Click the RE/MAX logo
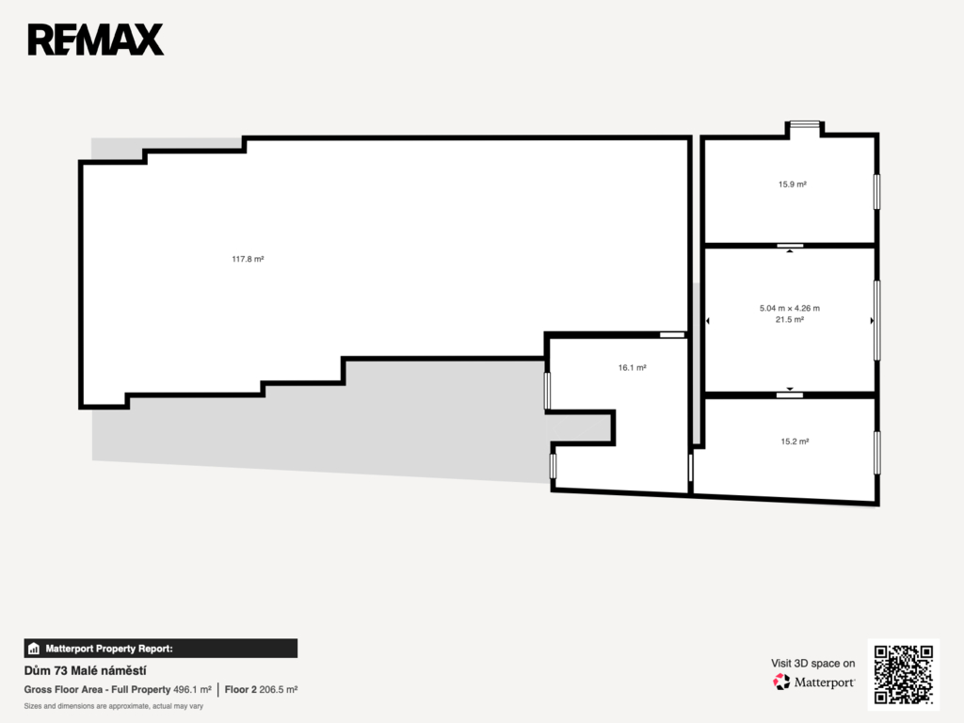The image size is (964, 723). point(96,40)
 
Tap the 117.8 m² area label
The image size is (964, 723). point(248,259)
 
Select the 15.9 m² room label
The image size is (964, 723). point(793,184)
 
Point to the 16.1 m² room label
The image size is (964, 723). point(632,368)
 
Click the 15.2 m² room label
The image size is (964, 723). point(795,442)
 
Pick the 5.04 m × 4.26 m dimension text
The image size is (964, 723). point(790,308)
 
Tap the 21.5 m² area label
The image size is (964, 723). point(790,320)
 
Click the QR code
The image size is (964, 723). point(903,674)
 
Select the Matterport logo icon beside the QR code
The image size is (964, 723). point(781,682)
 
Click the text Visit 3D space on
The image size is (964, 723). point(812,664)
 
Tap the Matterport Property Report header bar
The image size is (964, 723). point(160,649)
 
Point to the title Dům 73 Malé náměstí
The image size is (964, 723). point(85,670)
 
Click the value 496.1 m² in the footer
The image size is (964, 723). point(192,690)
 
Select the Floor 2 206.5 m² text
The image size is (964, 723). point(262,690)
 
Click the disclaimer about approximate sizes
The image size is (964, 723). point(114,706)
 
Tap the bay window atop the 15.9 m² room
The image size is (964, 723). point(805,124)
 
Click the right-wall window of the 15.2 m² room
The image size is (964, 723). point(877,453)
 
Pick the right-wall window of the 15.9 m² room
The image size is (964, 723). point(877,192)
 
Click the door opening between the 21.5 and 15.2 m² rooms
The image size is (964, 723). point(790,394)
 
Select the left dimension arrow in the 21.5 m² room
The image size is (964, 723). point(708,321)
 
